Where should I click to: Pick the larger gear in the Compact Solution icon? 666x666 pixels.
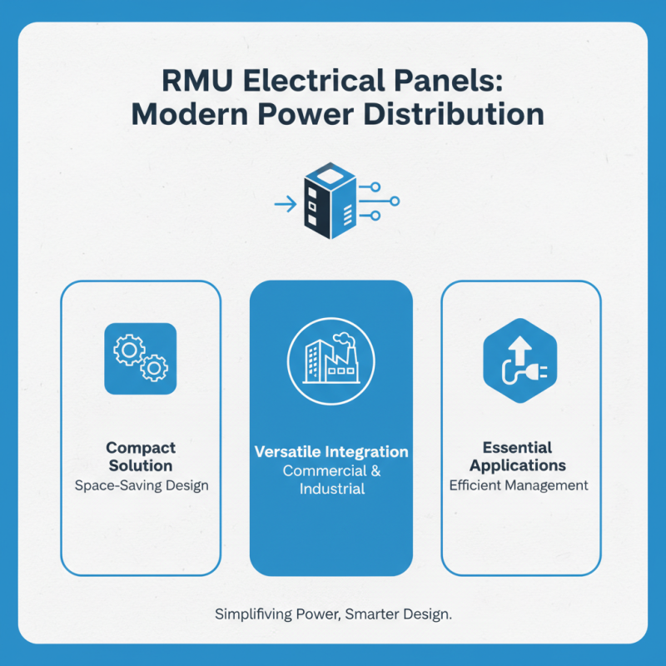[x=129, y=350]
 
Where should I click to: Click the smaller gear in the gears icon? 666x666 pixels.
[x=153, y=367]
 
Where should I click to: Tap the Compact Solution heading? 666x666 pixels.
[x=141, y=456]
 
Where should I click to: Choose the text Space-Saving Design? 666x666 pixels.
[x=141, y=485]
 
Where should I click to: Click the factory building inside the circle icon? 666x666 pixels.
[x=331, y=359]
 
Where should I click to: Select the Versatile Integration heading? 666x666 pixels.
[x=331, y=452]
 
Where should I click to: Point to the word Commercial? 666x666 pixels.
[x=323, y=470]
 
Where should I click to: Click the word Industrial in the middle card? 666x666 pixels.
[x=331, y=489]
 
